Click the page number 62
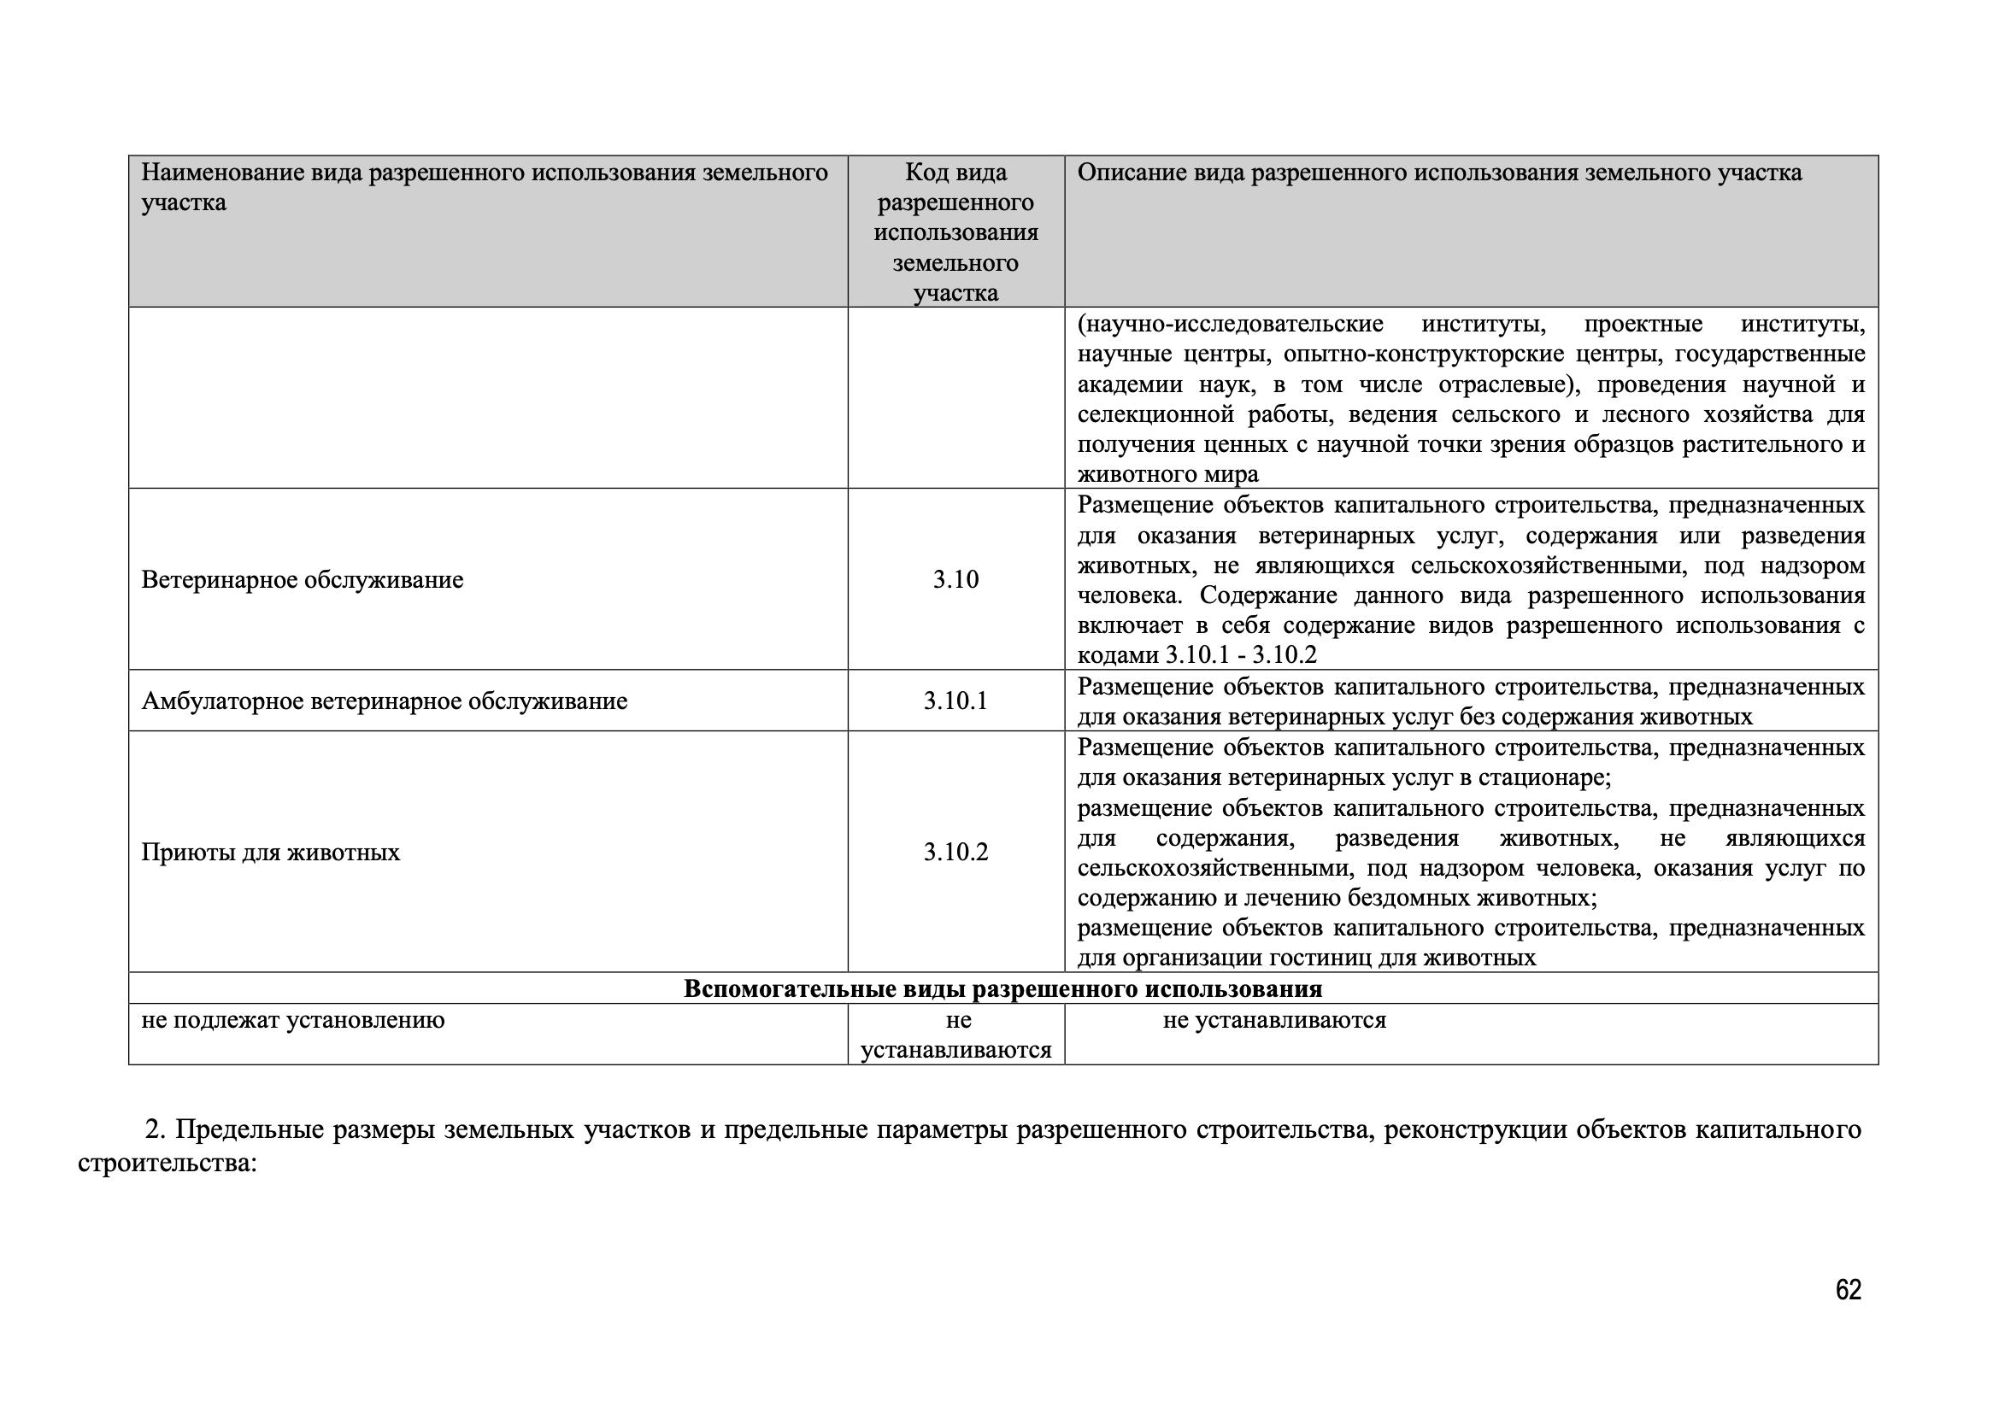[1848, 1290]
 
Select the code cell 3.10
[955, 579]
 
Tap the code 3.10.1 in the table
[955, 701]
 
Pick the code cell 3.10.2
[955, 852]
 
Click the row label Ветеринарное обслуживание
[302, 579]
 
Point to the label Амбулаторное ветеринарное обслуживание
[384, 701]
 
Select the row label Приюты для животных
[271, 852]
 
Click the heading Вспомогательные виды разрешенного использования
[1002, 989]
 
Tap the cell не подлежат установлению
[292, 1020]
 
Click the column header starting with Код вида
[955, 232]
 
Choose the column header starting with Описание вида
[1439, 173]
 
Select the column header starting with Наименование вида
[484, 187]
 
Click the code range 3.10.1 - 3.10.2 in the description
[1241, 655]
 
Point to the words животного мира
[1168, 474]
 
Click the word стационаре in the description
[1544, 777]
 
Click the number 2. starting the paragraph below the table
[155, 1129]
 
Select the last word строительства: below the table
[168, 1163]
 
